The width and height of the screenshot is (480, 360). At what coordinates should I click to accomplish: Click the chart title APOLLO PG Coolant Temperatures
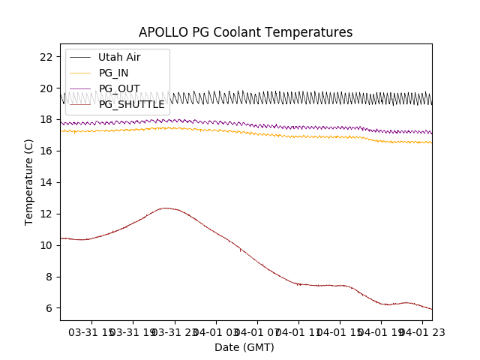point(245,32)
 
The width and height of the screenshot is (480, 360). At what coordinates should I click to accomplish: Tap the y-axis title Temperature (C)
point(29,182)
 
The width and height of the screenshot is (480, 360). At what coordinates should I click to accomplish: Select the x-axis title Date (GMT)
point(244,347)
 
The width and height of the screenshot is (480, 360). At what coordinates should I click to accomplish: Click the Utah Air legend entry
point(119,57)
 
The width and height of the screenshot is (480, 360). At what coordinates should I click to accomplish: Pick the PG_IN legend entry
point(114,73)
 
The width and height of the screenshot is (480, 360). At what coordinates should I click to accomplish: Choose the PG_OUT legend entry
point(119,88)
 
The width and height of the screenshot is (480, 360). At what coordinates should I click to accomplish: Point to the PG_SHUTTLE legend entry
point(131,104)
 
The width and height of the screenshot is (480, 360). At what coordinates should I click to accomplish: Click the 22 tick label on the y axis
point(46,57)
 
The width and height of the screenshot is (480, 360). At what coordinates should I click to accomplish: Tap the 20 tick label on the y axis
point(46,88)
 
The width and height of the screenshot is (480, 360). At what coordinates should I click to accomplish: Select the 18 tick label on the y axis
point(46,119)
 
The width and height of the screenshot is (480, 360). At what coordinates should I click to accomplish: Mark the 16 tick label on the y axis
point(46,151)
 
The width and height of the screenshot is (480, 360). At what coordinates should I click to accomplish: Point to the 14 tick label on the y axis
point(46,182)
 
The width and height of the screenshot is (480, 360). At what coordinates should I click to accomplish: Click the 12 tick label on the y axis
point(46,214)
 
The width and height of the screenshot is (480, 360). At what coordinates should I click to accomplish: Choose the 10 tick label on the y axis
point(46,245)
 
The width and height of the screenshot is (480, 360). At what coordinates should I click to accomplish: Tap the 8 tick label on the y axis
point(49,277)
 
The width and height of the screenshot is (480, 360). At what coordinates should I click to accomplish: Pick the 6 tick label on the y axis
point(49,308)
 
